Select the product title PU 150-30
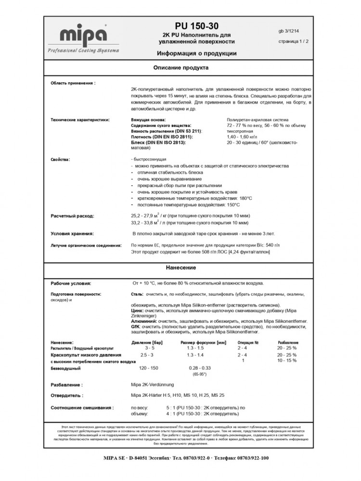(x=196, y=26)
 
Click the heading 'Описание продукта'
(x=181, y=68)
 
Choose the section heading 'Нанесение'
(x=181, y=267)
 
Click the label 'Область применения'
(x=73, y=83)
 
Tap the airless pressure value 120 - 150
(x=149, y=367)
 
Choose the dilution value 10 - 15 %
(x=287, y=360)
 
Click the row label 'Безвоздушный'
(x=65, y=368)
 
